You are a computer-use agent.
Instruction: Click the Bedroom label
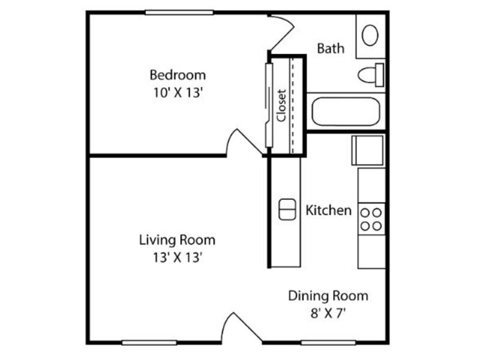178,75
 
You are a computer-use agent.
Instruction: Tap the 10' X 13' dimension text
178,92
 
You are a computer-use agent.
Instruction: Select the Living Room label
177,240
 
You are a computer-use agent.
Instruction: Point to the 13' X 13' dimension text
178,257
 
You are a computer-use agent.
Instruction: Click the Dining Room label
328,296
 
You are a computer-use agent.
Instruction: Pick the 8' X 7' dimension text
328,313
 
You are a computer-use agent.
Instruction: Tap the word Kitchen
328,211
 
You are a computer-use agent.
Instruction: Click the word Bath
331,49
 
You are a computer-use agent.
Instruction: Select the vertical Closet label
281,106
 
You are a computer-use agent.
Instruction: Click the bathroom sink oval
370,35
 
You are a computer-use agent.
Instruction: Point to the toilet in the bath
371,75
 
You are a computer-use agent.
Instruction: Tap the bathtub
346,112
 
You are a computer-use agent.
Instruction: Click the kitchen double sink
287,209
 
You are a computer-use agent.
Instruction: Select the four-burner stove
371,219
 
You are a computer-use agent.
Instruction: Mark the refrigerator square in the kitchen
367,151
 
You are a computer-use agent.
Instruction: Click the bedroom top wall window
179,13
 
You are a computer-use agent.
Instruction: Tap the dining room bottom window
328,343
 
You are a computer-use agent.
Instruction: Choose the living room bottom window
149,343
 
